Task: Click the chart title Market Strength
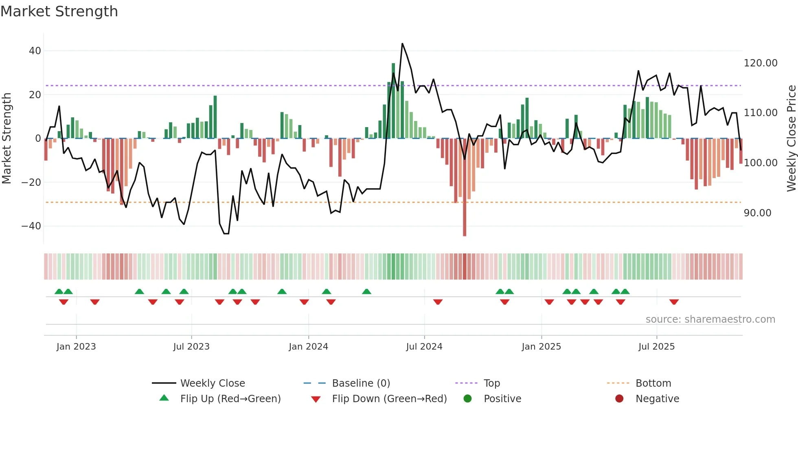pyautogui.click(x=59, y=11)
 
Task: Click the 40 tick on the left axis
pyautogui.click(x=35, y=51)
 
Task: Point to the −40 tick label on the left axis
pyautogui.click(x=31, y=226)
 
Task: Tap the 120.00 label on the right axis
pyautogui.click(x=760, y=63)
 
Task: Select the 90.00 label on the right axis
pyautogui.click(x=757, y=213)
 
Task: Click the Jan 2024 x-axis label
pyautogui.click(x=308, y=347)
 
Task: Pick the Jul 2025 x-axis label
pyautogui.click(x=656, y=347)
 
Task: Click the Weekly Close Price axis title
pyautogui.click(x=791, y=138)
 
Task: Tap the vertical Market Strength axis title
pyautogui.click(x=7, y=138)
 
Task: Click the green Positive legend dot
pyautogui.click(x=467, y=399)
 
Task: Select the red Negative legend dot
pyautogui.click(x=619, y=399)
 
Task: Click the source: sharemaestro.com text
pyautogui.click(x=710, y=319)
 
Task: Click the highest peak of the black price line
pyautogui.click(x=402, y=44)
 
